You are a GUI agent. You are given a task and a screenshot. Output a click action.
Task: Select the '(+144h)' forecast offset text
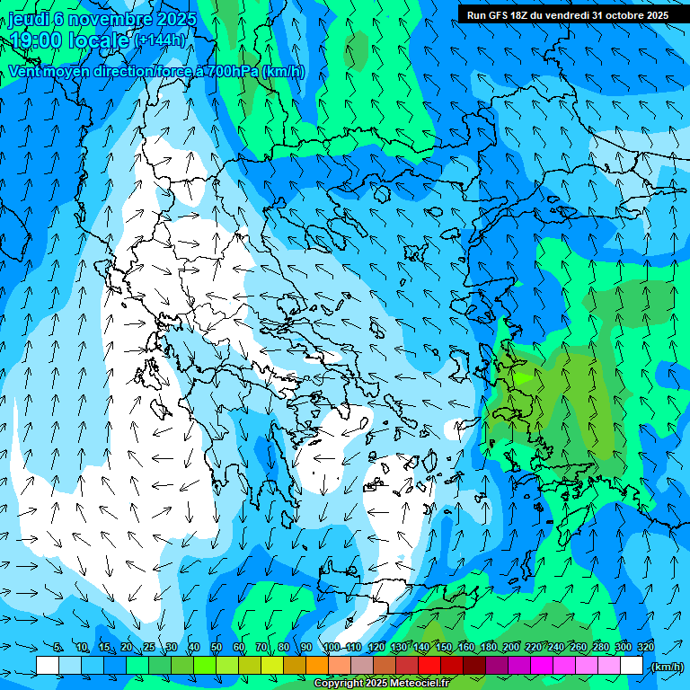(161, 40)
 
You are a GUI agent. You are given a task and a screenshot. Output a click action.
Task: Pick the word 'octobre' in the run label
(620, 15)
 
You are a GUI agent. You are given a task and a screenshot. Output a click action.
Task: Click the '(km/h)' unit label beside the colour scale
(666, 666)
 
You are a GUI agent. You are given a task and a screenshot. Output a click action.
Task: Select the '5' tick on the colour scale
(58, 647)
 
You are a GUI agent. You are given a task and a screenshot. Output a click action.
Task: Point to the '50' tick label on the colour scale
(217, 647)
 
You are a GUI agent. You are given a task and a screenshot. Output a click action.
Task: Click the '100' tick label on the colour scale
(332, 647)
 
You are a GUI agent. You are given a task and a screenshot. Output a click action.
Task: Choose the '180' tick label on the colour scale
(489, 647)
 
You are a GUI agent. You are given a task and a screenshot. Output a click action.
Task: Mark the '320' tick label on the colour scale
(646, 647)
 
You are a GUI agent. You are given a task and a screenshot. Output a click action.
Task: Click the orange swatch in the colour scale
(317, 665)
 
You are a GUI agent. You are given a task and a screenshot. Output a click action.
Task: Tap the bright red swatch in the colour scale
(429, 665)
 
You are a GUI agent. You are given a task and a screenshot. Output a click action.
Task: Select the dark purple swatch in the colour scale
(497, 665)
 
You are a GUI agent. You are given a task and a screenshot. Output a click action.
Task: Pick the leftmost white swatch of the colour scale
(48, 665)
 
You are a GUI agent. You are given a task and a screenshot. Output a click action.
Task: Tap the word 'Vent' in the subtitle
(27, 72)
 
